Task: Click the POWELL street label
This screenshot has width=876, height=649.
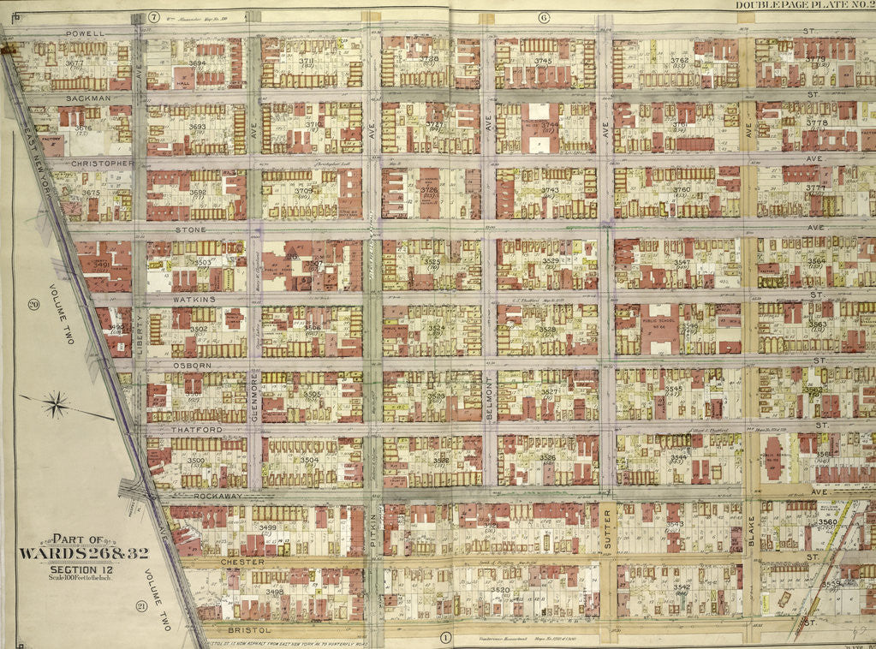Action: coord(84,33)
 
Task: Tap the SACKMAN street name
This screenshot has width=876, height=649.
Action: coord(88,98)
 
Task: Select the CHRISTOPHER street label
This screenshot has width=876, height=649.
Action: coord(103,163)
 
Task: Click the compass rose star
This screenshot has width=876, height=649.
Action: coord(56,404)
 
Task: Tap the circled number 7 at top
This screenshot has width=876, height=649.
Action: coord(154,17)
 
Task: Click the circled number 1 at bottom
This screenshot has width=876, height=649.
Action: coord(445,637)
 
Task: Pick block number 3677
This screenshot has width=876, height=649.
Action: coord(74,63)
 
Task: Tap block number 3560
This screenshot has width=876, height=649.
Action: coord(827,521)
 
